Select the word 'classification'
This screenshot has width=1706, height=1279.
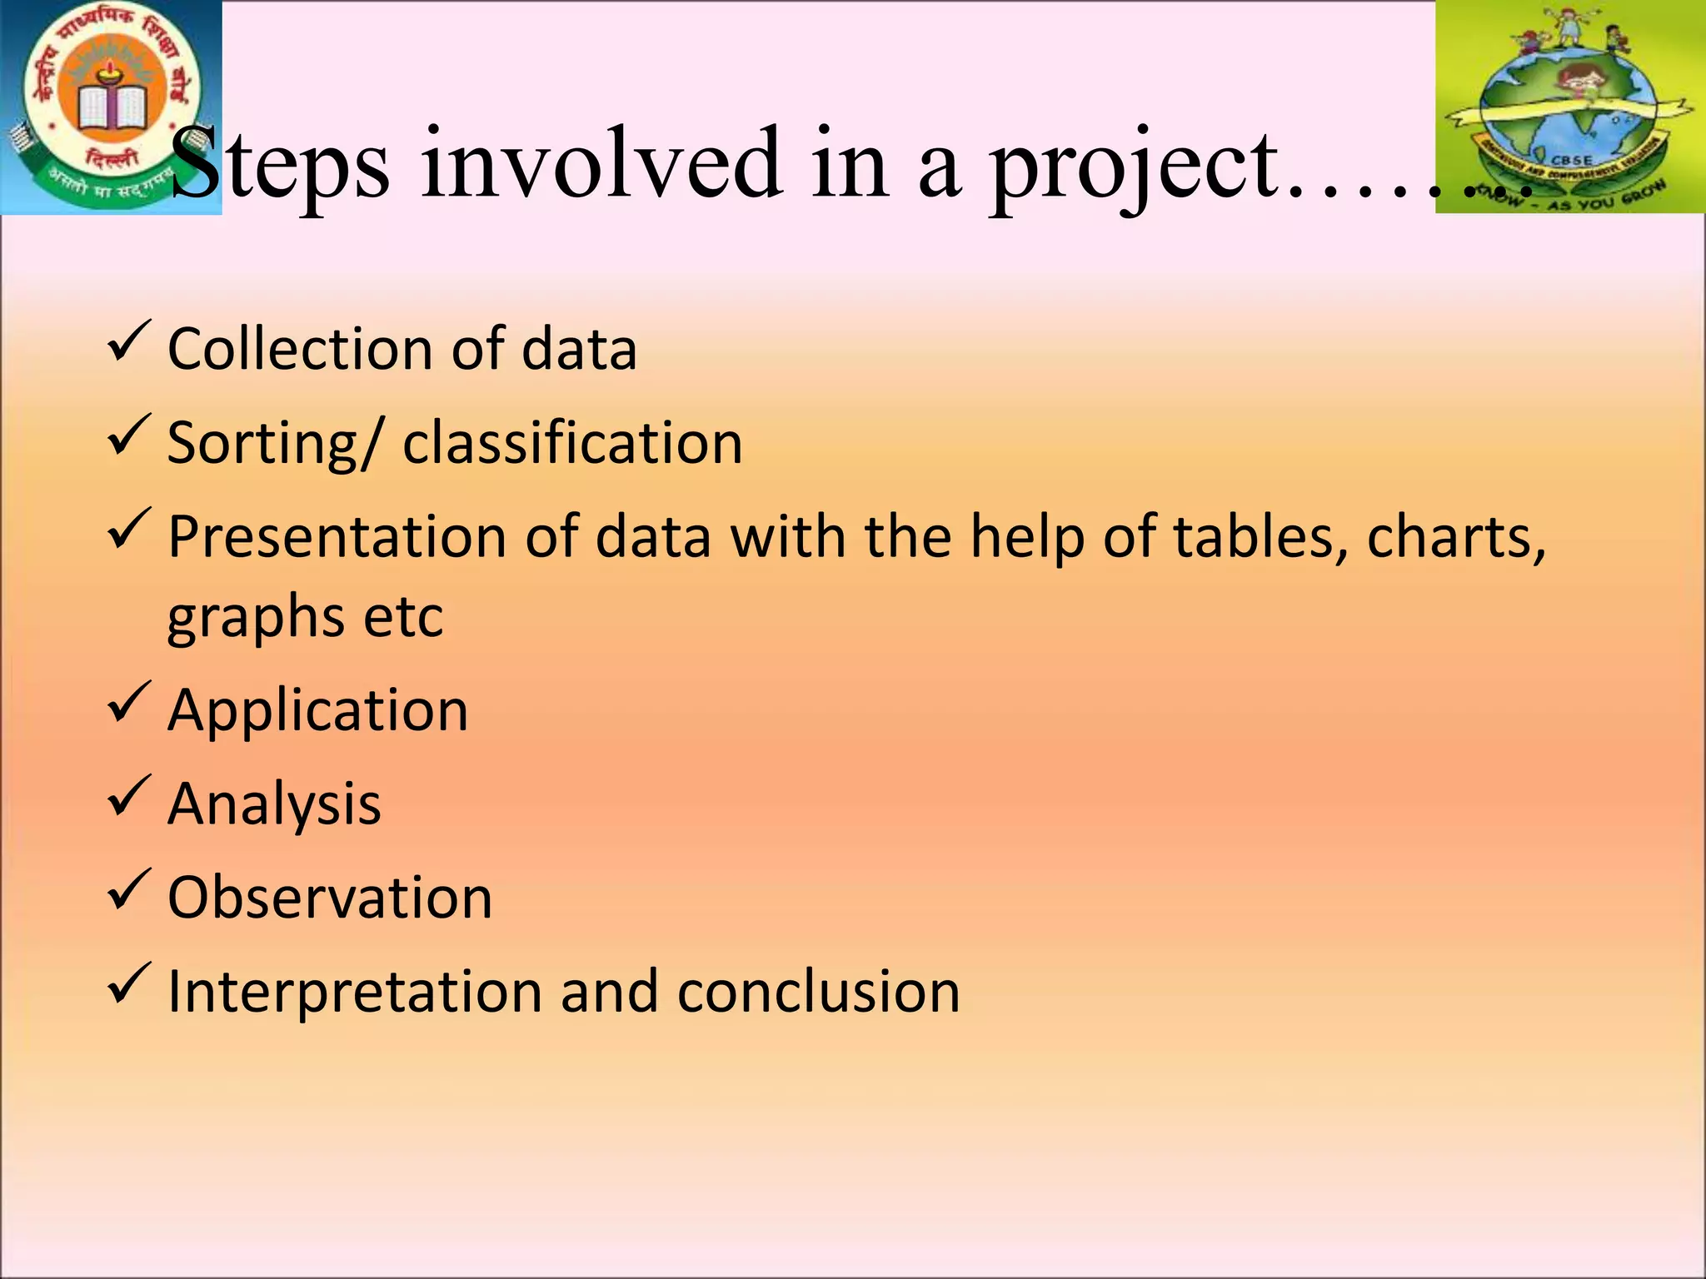click(572, 442)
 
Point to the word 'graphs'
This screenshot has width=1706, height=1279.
click(255, 619)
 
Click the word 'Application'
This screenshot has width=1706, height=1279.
click(317, 712)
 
